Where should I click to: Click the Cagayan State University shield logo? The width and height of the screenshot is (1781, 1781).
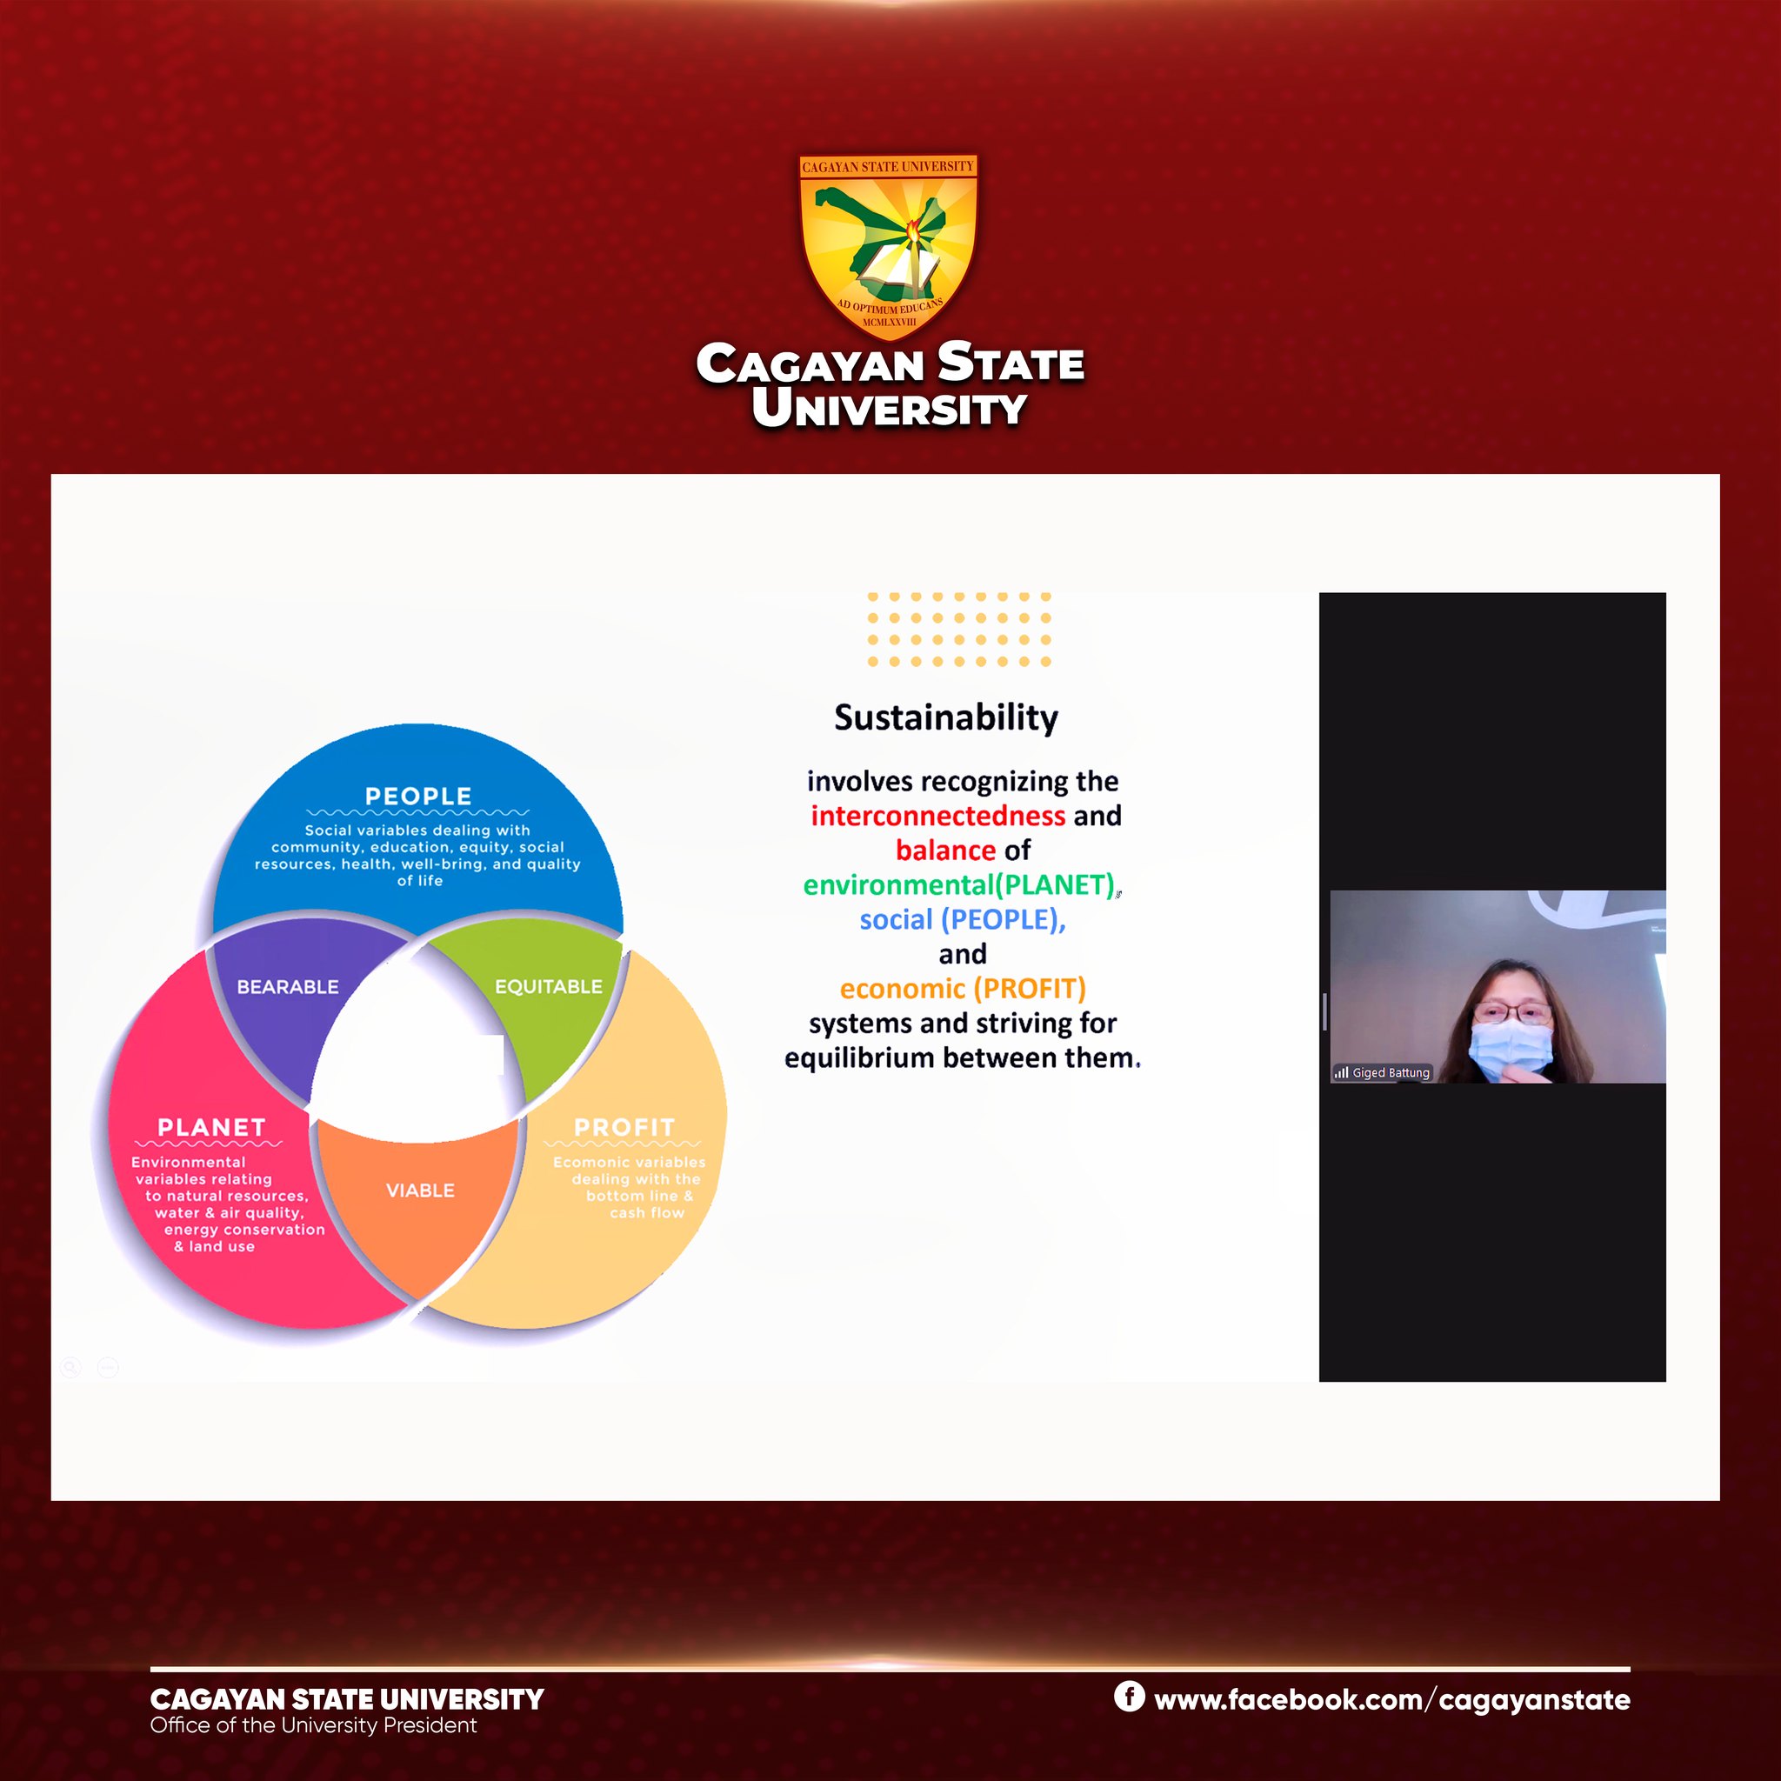[x=888, y=245]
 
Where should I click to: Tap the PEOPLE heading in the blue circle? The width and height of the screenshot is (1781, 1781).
[x=418, y=796]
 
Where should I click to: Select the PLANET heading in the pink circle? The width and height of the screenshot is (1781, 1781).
[x=211, y=1127]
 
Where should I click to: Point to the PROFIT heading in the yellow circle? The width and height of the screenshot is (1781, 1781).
[x=624, y=1127]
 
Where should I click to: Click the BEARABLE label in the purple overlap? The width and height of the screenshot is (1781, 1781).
[x=288, y=986]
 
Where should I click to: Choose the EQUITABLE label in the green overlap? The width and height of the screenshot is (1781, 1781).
[x=549, y=986]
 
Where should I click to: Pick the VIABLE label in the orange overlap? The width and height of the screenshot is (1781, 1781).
[x=420, y=1191]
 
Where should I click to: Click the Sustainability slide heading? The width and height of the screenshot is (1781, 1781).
[x=946, y=718]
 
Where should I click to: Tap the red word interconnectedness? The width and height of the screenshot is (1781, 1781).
[x=937, y=816]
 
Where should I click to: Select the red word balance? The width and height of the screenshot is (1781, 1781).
[x=946, y=850]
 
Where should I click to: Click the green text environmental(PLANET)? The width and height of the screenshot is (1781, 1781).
[x=958, y=885]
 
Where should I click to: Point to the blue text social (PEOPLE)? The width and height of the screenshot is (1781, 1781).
[x=963, y=920]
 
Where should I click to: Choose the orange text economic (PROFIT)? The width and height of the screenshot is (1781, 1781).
[x=963, y=989]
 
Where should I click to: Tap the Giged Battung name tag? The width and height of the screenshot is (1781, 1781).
[x=1382, y=1072]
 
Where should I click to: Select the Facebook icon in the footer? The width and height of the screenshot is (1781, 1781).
[x=1130, y=1695]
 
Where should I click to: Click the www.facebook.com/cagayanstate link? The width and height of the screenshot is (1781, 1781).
[x=1392, y=1700]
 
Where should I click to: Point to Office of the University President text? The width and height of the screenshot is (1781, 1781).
[x=313, y=1724]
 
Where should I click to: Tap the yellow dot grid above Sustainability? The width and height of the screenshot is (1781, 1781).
[x=958, y=630]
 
